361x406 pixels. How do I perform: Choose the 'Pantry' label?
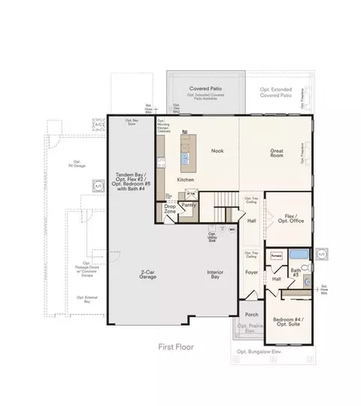[x=189, y=205]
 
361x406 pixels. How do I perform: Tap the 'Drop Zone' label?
[x=170, y=209]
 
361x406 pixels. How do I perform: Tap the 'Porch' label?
[x=251, y=315]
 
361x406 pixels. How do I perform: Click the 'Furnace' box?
[x=275, y=255]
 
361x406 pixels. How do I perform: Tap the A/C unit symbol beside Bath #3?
[x=321, y=255]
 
